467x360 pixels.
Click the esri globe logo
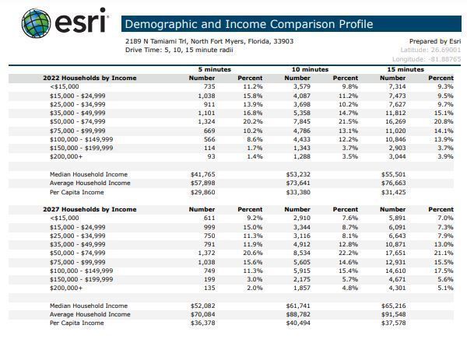[37, 23]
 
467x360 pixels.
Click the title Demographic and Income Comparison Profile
[248, 24]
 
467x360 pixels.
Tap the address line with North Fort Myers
[209, 41]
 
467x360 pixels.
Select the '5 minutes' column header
[214, 69]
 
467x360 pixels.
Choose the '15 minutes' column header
[406, 69]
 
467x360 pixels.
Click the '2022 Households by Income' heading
[90, 78]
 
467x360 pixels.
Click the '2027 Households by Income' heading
[90, 209]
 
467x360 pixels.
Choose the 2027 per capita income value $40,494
[298, 323]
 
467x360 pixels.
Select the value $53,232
[298, 174]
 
